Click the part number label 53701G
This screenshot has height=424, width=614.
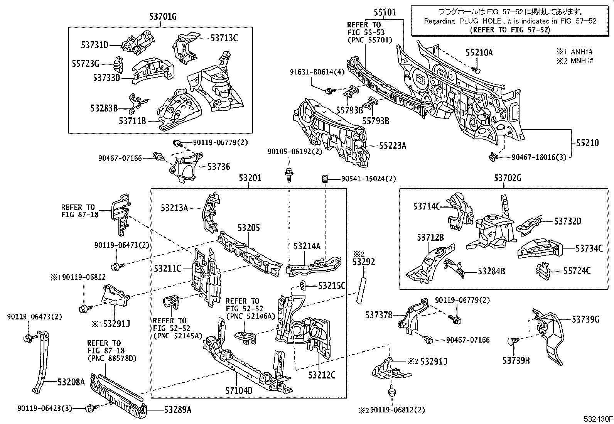point(163,16)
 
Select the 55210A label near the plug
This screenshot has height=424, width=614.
point(479,52)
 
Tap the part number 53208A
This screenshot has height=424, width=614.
point(71,382)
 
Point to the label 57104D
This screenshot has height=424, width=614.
point(239,391)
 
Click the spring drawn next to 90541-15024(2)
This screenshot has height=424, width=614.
point(325,179)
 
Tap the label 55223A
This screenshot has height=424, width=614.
point(392,145)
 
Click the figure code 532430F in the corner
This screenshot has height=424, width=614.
point(597,419)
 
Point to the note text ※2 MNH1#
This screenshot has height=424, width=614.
point(574,61)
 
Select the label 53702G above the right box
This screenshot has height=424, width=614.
point(508,178)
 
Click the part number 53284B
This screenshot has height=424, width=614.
point(491,271)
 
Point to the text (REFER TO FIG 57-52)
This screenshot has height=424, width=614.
point(510,30)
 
